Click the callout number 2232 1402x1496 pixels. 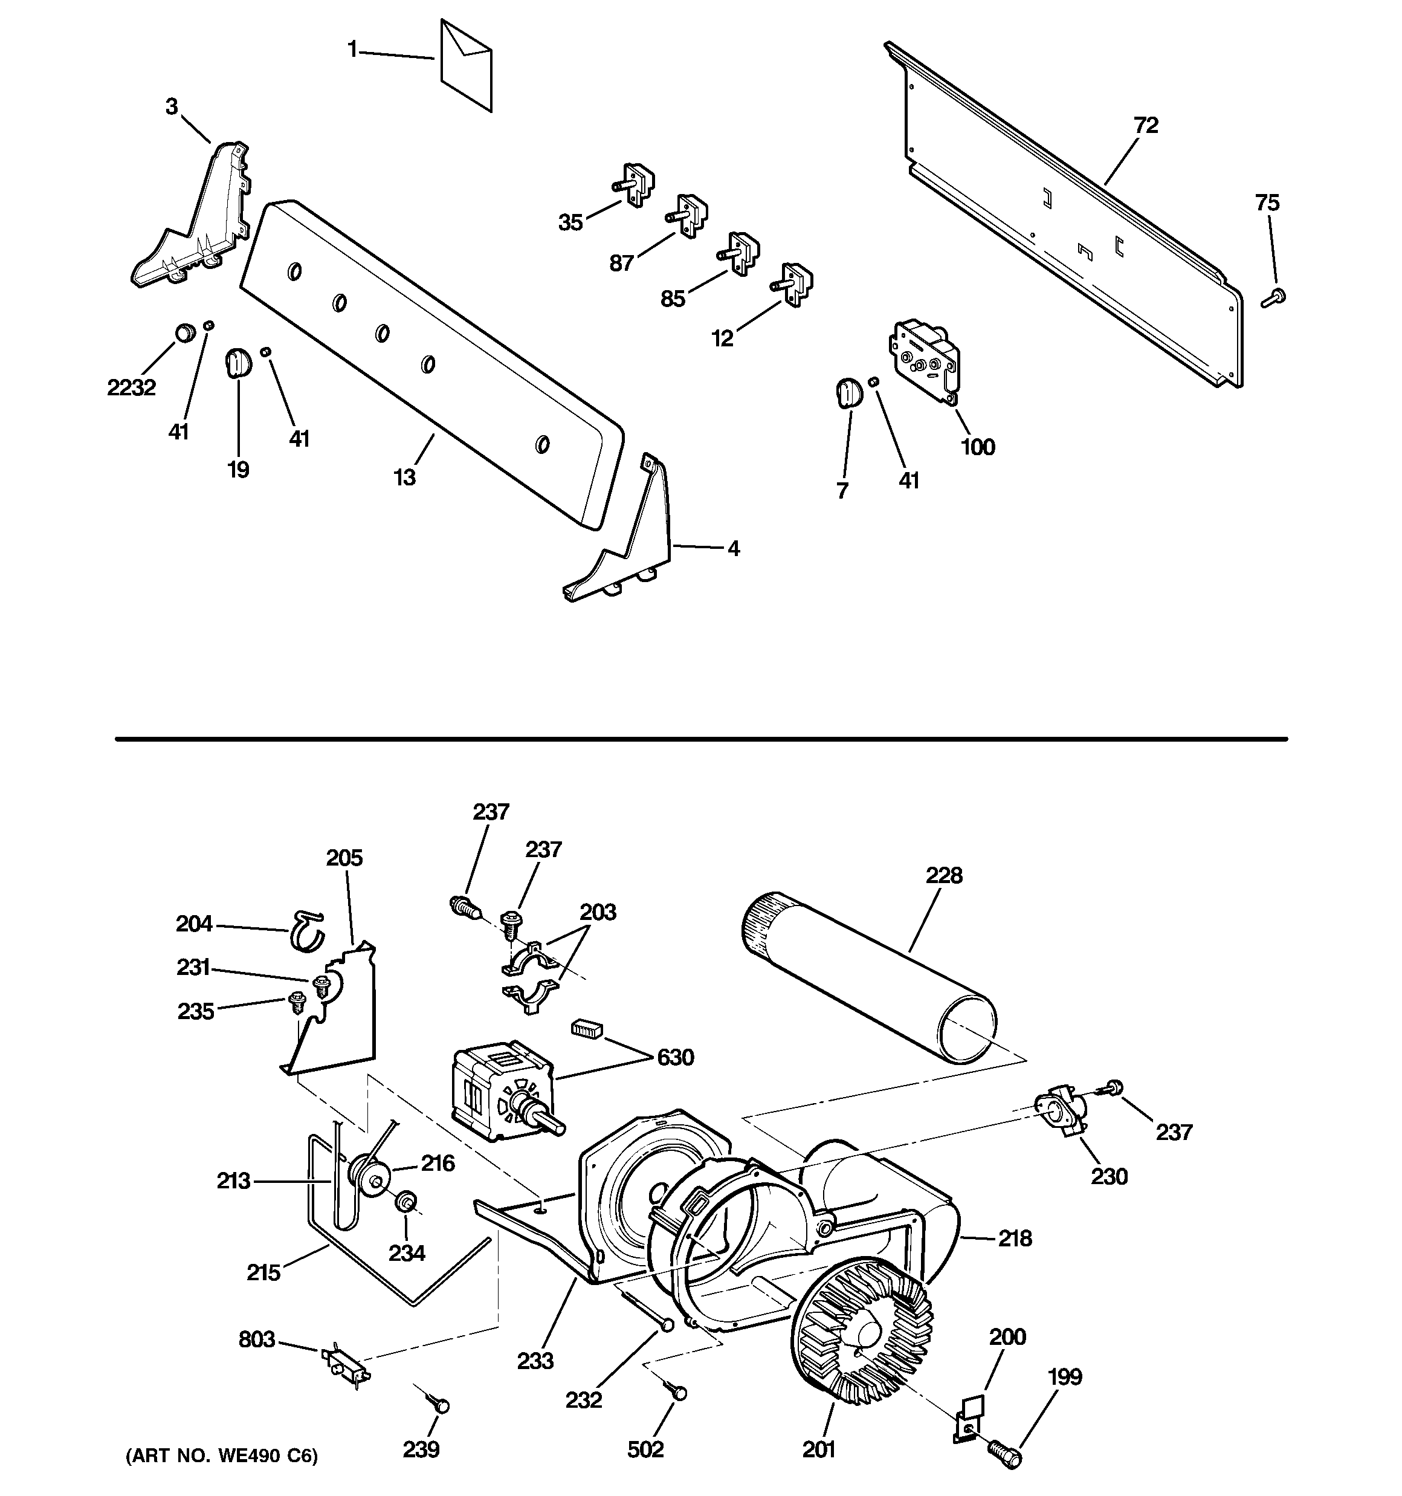tap(131, 387)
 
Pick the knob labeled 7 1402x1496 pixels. tap(847, 393)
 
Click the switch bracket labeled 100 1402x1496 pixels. tap(925, 359)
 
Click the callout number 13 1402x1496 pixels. tap(405, 477)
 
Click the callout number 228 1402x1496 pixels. tap(944, 875)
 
